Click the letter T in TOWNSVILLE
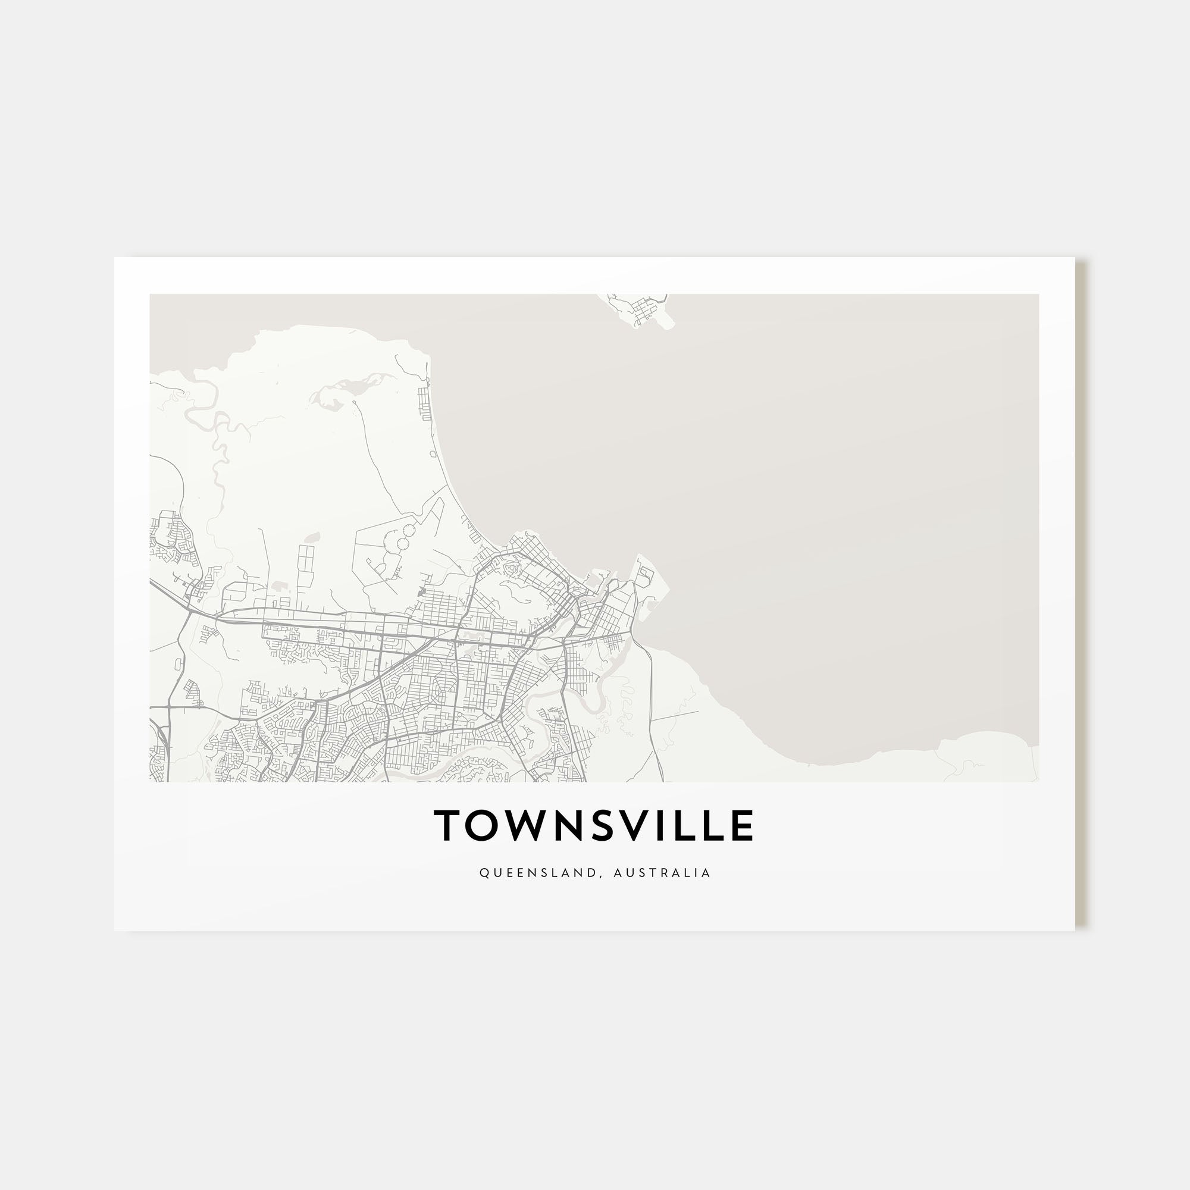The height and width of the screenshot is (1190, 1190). [x=448, y=826]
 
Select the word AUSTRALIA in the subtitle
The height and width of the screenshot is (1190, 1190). [x=662, y=873]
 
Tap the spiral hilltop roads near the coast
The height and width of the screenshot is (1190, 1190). [x=511, y=567]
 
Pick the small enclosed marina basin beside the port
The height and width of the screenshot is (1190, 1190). [x=644, y=577]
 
